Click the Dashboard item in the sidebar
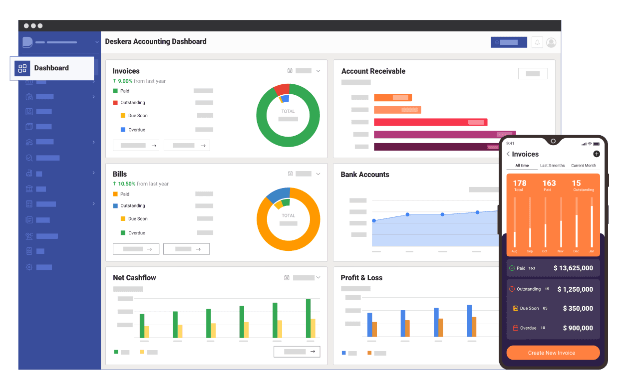pyautogui.click(x=52, y=68)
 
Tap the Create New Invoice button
pyautogui.click(x=553, y=353)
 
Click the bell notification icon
pyautogui.click(x=537, y=42)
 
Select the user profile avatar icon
pyautogui.click(x=551, y=42)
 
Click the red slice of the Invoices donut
pyautogui.click(x=282, y=90)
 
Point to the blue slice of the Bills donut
pyautogui.click(x=278, y=194)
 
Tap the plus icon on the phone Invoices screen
pyautogui.click(x=597, y=154)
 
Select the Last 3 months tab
pyautogui.click(x=552, y=166)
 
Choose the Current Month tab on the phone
pyautogui.click(x=584, y=166)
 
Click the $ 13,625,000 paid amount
pyautogui.click(x=573, y=268)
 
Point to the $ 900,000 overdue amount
pyautogui.click(x=578, y=328)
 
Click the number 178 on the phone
pyautogui.click(x=520, y=183)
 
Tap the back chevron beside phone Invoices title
pyautogui.click(x=508, y=154)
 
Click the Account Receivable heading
pyautogui.click(x=373, y=71)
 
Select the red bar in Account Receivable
pyautogui.click(x=430, y=122)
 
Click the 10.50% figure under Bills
pyautogui.click(x=127, y=184)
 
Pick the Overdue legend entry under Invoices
pyautogui.click(x=133, y=130)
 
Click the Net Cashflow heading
pyautogui.click(x=134, y=278)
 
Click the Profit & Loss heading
pyautogui.click(x=361, y=278)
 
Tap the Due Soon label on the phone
pyautogui.click(x=529, y=308)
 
